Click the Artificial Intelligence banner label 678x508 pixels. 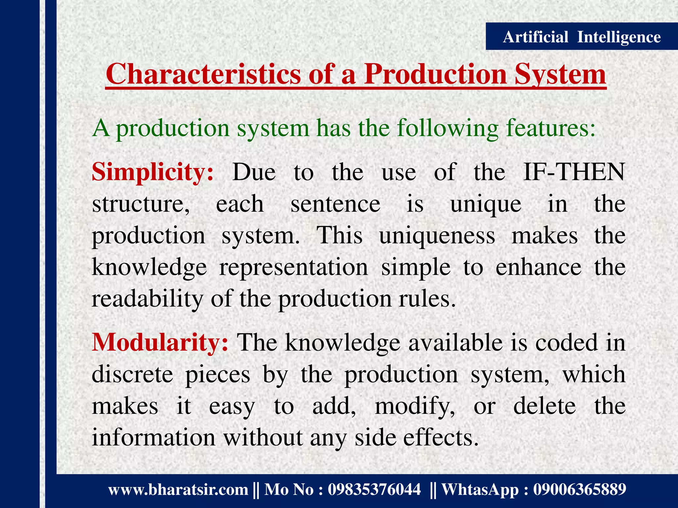click(581, 37)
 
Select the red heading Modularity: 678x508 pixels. click(160, 342)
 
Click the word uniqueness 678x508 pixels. click(437, 236)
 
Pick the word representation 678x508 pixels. click(293, 267)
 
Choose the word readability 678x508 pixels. click(147, 299)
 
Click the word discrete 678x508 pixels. click(132, 374)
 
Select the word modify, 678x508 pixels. click(415, 406)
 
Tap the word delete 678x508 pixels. click(544, 406)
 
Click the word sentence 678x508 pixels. click(335, 204)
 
